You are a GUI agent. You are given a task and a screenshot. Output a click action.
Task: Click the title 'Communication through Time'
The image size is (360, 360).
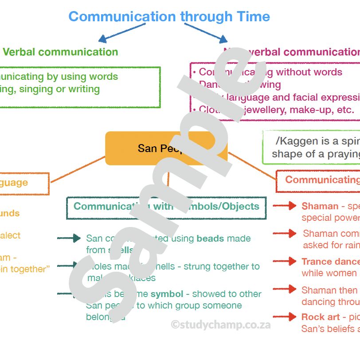(x=169, y=17)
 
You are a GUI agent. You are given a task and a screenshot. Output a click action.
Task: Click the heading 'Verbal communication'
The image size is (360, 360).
(x=60, y=52)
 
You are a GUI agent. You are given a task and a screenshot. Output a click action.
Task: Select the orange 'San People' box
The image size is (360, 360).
(x=166, y=148)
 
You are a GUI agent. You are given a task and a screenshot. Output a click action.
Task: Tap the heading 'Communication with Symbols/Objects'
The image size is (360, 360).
(x=166, y=206)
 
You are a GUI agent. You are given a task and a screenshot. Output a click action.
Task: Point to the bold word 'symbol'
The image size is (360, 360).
(x=167, y=294)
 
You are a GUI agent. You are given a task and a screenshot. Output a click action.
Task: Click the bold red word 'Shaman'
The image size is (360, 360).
(x=320, y=206)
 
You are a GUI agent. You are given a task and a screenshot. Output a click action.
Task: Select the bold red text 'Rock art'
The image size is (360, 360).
(x=321, y=317)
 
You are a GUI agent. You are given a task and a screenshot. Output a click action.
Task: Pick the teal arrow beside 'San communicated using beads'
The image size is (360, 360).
(x=69, y=239)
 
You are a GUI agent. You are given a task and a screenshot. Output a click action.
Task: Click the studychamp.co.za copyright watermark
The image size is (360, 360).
(x=220, y=325)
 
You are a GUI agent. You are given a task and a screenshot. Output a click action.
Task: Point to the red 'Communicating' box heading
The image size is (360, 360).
(x=321, y=180)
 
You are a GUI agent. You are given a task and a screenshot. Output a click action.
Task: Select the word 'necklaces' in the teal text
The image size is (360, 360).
(x=137, y=278)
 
